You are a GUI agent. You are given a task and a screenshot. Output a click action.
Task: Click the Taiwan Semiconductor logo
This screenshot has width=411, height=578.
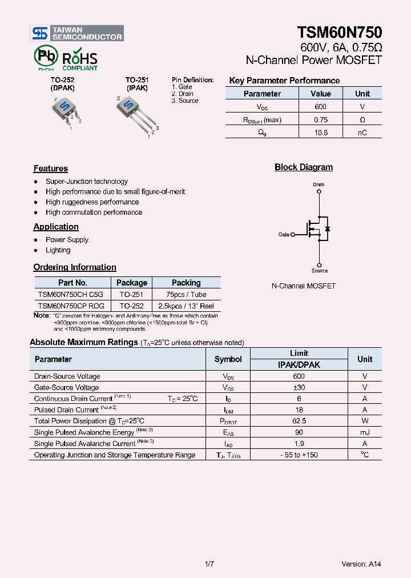[x=76, y=33]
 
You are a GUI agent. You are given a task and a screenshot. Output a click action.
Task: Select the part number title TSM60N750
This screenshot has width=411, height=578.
[x=339, y=33]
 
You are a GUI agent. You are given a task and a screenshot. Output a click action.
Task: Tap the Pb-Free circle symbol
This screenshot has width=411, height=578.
[x=46, y=57]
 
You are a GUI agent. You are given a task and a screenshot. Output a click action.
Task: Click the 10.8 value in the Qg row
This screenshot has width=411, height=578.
[x=321, y=133]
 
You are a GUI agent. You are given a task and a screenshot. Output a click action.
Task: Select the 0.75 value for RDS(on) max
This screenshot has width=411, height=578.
[x=321, y=120]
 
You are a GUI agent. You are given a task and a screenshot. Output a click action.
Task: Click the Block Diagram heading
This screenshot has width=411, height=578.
[x=303, y=167]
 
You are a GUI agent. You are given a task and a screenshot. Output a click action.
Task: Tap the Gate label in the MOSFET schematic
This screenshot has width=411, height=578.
[x=284, y=234]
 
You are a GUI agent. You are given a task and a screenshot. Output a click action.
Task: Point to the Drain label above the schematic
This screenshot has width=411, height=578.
[x=319, y=184]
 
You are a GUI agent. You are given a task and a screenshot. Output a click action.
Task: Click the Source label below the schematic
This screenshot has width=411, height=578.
[x=320, y=271]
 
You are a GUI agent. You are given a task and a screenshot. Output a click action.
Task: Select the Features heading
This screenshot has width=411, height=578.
[x=50, y=168]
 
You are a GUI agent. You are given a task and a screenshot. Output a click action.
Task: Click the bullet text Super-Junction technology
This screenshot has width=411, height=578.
[x=87, y=182]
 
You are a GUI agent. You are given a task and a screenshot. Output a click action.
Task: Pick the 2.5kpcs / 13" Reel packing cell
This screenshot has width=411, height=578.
[x=186, y=306]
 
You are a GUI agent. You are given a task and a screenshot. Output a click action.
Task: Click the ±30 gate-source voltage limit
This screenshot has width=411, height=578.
[x=299, y=387]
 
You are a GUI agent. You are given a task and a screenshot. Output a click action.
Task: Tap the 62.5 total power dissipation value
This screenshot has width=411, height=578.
[x=299, y=421]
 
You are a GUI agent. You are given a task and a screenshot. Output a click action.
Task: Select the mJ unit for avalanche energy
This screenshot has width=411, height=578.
[x=365, y=432]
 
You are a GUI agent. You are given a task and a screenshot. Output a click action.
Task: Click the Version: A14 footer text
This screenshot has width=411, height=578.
[x=361, y=564]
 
